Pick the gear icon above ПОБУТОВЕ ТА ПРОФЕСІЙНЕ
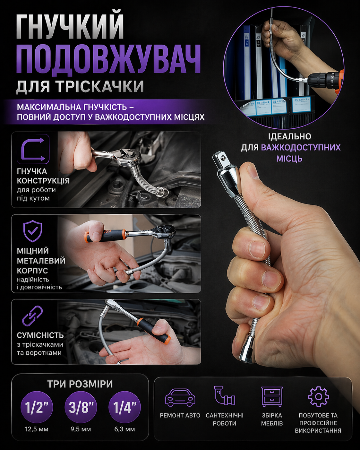318,396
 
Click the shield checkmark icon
33,231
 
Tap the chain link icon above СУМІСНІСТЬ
32,316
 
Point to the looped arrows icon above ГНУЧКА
33,149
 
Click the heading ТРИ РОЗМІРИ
80,384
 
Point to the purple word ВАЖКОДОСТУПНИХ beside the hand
301,147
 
